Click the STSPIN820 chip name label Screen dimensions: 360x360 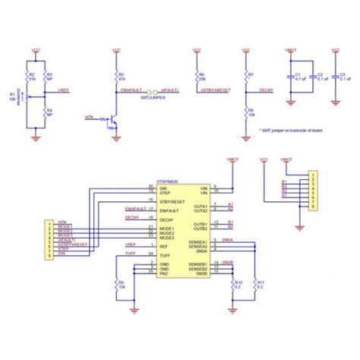tap(169, 182)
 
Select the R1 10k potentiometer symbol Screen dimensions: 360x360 tap(29, 96)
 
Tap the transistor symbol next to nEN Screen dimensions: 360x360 tap(112, 119)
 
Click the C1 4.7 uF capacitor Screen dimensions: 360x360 tap(293, 76)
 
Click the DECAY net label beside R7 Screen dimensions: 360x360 tap(266, 90)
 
